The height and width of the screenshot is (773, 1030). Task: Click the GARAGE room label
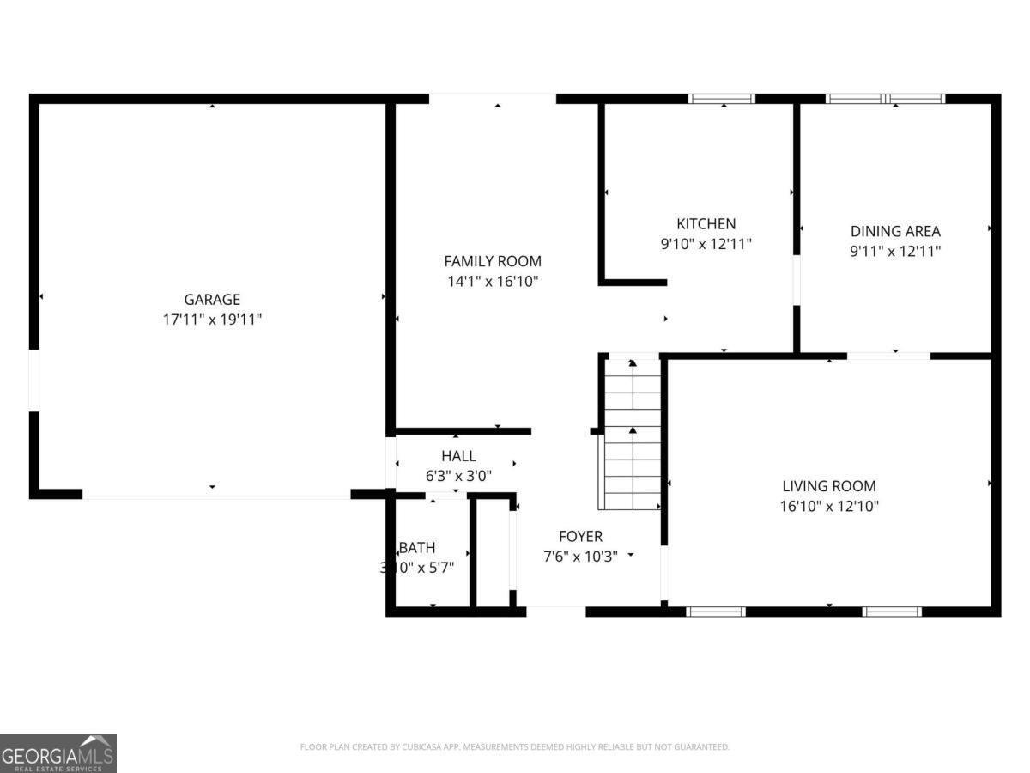212,300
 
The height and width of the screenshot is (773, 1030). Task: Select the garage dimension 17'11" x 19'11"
212,320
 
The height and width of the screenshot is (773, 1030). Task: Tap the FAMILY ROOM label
493,261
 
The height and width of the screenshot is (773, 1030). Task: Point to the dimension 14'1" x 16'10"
493,281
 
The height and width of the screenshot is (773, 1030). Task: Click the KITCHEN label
706,224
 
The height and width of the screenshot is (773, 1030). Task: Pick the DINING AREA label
895,231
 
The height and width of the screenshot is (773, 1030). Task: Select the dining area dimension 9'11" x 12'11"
895,251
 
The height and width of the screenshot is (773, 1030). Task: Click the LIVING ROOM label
829,486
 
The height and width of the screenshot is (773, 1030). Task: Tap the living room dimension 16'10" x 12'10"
829,506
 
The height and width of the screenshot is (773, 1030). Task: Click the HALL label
458,456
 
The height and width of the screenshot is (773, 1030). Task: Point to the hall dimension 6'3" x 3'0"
458,475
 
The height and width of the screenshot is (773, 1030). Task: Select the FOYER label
581,537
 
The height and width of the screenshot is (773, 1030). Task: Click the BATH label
418,548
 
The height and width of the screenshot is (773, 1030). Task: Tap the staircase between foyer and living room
633,434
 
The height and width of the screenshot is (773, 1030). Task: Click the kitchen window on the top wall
722,99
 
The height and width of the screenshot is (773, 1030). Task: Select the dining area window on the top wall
885,99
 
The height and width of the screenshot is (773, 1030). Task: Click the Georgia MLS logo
58,753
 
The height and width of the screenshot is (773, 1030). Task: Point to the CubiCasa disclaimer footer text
514,747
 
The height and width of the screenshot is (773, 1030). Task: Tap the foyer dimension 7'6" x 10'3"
581,556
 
